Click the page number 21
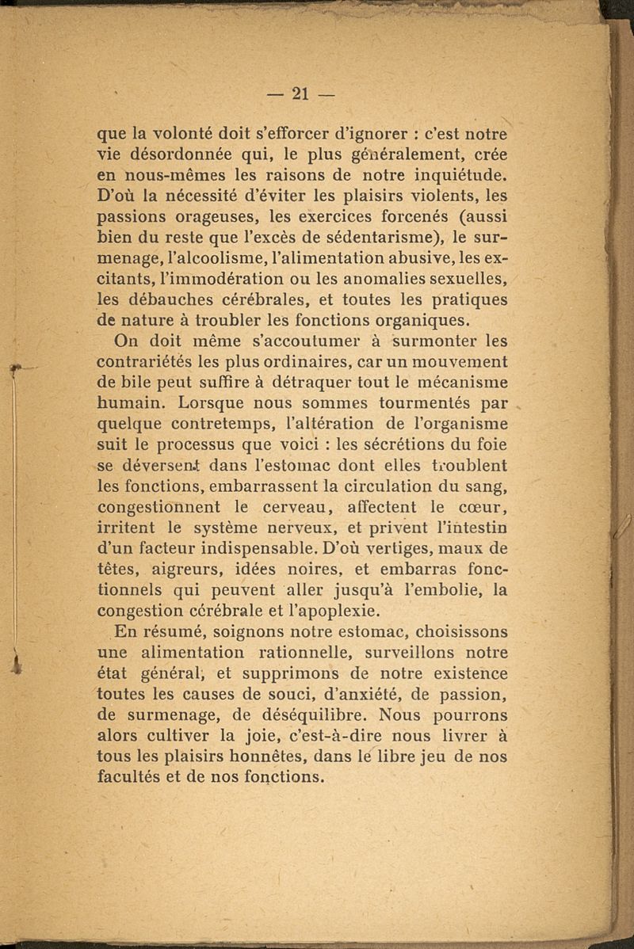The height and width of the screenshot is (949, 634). coord(300,93)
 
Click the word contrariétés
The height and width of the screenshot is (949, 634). coord(164,364)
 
